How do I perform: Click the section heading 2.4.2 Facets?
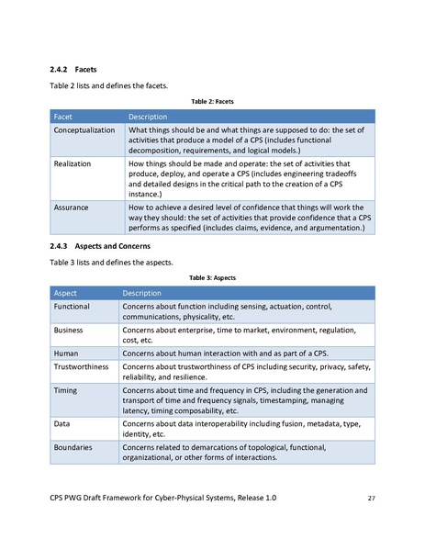73,69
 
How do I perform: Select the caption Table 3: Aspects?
212,277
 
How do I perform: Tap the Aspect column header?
66,293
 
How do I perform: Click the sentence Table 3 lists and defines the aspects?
109,263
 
